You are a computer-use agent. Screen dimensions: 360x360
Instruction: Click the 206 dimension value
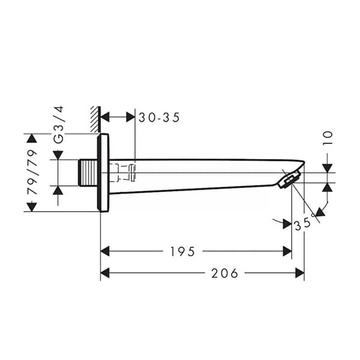[x=224, y=274]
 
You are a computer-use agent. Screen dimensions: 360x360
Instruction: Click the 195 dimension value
[x=183, y=251]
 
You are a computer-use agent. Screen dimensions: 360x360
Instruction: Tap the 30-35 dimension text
[x=159, y=118]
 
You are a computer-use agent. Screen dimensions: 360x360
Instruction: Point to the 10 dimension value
[x=328, y=138]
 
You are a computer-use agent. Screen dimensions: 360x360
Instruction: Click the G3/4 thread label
[x=58, y=124]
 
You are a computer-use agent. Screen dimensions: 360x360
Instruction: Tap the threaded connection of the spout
[x=88, y=173]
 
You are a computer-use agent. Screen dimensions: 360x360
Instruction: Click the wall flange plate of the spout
[x=103, y=173]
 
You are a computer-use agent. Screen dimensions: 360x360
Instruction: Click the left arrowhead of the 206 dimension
[x=105, y=274]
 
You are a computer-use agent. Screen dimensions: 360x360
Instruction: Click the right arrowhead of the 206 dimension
[x=299, y=274]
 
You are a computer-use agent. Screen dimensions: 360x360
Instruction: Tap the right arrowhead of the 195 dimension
[x=287, y=251]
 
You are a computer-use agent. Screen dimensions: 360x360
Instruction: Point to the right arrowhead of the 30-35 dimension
[x=130, y=116]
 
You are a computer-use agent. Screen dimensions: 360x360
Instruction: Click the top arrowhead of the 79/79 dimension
[x=32, y=139]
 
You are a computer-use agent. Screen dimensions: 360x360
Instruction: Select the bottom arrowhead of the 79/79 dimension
[x=32, y=207]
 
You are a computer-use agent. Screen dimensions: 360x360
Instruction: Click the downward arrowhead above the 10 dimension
[x=327, y=167]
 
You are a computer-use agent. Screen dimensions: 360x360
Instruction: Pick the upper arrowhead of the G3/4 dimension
[x=58, y=155]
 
